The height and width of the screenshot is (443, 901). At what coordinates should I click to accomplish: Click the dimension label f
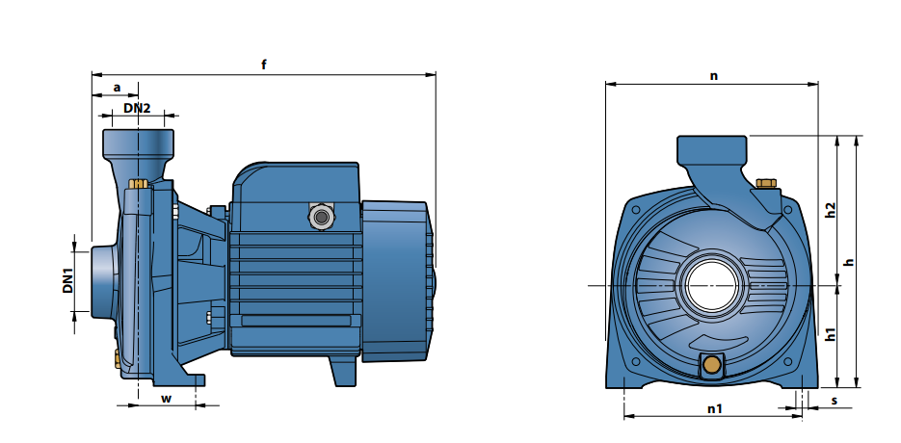click(x=264, y=65)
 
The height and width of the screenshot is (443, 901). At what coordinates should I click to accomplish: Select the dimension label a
click(x=118, y=88)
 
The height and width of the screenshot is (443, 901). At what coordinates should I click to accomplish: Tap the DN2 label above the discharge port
click(x=137, y=108)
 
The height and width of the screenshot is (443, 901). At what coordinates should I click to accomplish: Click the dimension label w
click(x=166, y=398)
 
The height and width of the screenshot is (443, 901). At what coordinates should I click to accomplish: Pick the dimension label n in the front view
click(x=714, y=76)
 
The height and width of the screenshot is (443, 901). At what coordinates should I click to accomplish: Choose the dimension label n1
click(x=714, y=408)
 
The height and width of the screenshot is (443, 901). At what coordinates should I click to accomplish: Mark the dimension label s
click(x=835, y=401)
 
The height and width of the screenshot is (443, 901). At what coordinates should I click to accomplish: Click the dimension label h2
click(x=829, y=209)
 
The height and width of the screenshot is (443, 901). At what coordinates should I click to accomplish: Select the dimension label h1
click(x=829, y=334)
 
